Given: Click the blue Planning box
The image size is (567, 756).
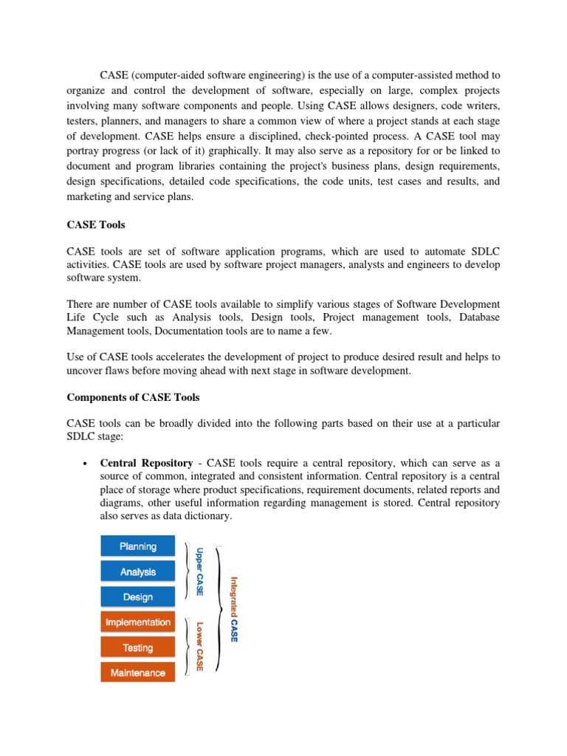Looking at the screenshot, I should [138, 546].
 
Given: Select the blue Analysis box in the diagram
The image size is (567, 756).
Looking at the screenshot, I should [138, 571].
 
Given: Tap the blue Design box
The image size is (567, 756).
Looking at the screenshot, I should [138, 597].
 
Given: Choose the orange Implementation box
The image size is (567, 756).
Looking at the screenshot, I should [138, 622].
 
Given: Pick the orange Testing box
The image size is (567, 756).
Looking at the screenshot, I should [138, 647].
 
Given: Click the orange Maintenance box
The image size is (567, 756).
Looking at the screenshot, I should [138, 673].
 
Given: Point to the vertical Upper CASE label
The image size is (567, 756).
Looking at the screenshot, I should [199, 571].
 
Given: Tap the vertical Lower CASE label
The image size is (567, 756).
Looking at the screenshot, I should [199, 647].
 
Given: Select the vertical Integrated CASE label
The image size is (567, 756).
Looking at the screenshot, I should [234, 609].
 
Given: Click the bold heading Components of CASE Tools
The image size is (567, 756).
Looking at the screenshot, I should [133, 397].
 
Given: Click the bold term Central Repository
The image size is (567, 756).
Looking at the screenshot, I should [146, 463].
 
